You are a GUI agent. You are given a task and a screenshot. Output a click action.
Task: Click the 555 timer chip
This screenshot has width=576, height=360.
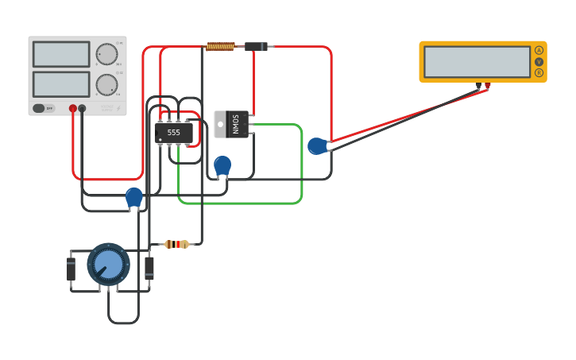[x=173, y=133]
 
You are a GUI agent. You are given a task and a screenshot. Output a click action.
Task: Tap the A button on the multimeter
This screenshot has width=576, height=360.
[x=539, y=50]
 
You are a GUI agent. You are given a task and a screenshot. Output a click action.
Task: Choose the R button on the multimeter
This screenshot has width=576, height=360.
[x=539, y=72]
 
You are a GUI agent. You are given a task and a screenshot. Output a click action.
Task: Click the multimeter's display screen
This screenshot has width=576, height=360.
[x=477, y=61]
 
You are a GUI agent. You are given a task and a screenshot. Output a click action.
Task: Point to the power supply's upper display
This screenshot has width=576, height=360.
[x=61, y=54]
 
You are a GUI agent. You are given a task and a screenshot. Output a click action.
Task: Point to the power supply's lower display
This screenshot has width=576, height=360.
[x=61, y=83]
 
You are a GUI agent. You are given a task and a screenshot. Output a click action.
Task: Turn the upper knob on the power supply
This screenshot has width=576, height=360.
[x=106, y=54]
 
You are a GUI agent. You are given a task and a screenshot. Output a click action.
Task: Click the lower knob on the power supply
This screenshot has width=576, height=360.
[x=106, y=84]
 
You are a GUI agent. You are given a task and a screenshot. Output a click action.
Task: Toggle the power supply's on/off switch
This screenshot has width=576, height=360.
[x=44, y=108]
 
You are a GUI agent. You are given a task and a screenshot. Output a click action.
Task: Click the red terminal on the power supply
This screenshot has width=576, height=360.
[x=73, y=108]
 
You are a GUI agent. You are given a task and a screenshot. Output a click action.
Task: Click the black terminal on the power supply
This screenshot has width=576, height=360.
[x=82, y=108]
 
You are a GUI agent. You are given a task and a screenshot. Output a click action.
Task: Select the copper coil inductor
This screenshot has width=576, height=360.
[x=220, y=47]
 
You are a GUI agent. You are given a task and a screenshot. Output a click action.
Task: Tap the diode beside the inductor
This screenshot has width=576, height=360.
[x=255, y=47]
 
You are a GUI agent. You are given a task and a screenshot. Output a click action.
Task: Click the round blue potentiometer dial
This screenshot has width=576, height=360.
[x=108, y=264]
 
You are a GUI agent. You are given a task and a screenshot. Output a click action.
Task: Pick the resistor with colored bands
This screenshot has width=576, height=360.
[x=176, y=244]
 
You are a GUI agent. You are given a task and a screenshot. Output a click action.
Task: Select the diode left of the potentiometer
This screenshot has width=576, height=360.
[x=71, y=269]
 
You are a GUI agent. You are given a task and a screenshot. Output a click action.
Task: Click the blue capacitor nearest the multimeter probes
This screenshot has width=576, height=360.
[x=317, y=145]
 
